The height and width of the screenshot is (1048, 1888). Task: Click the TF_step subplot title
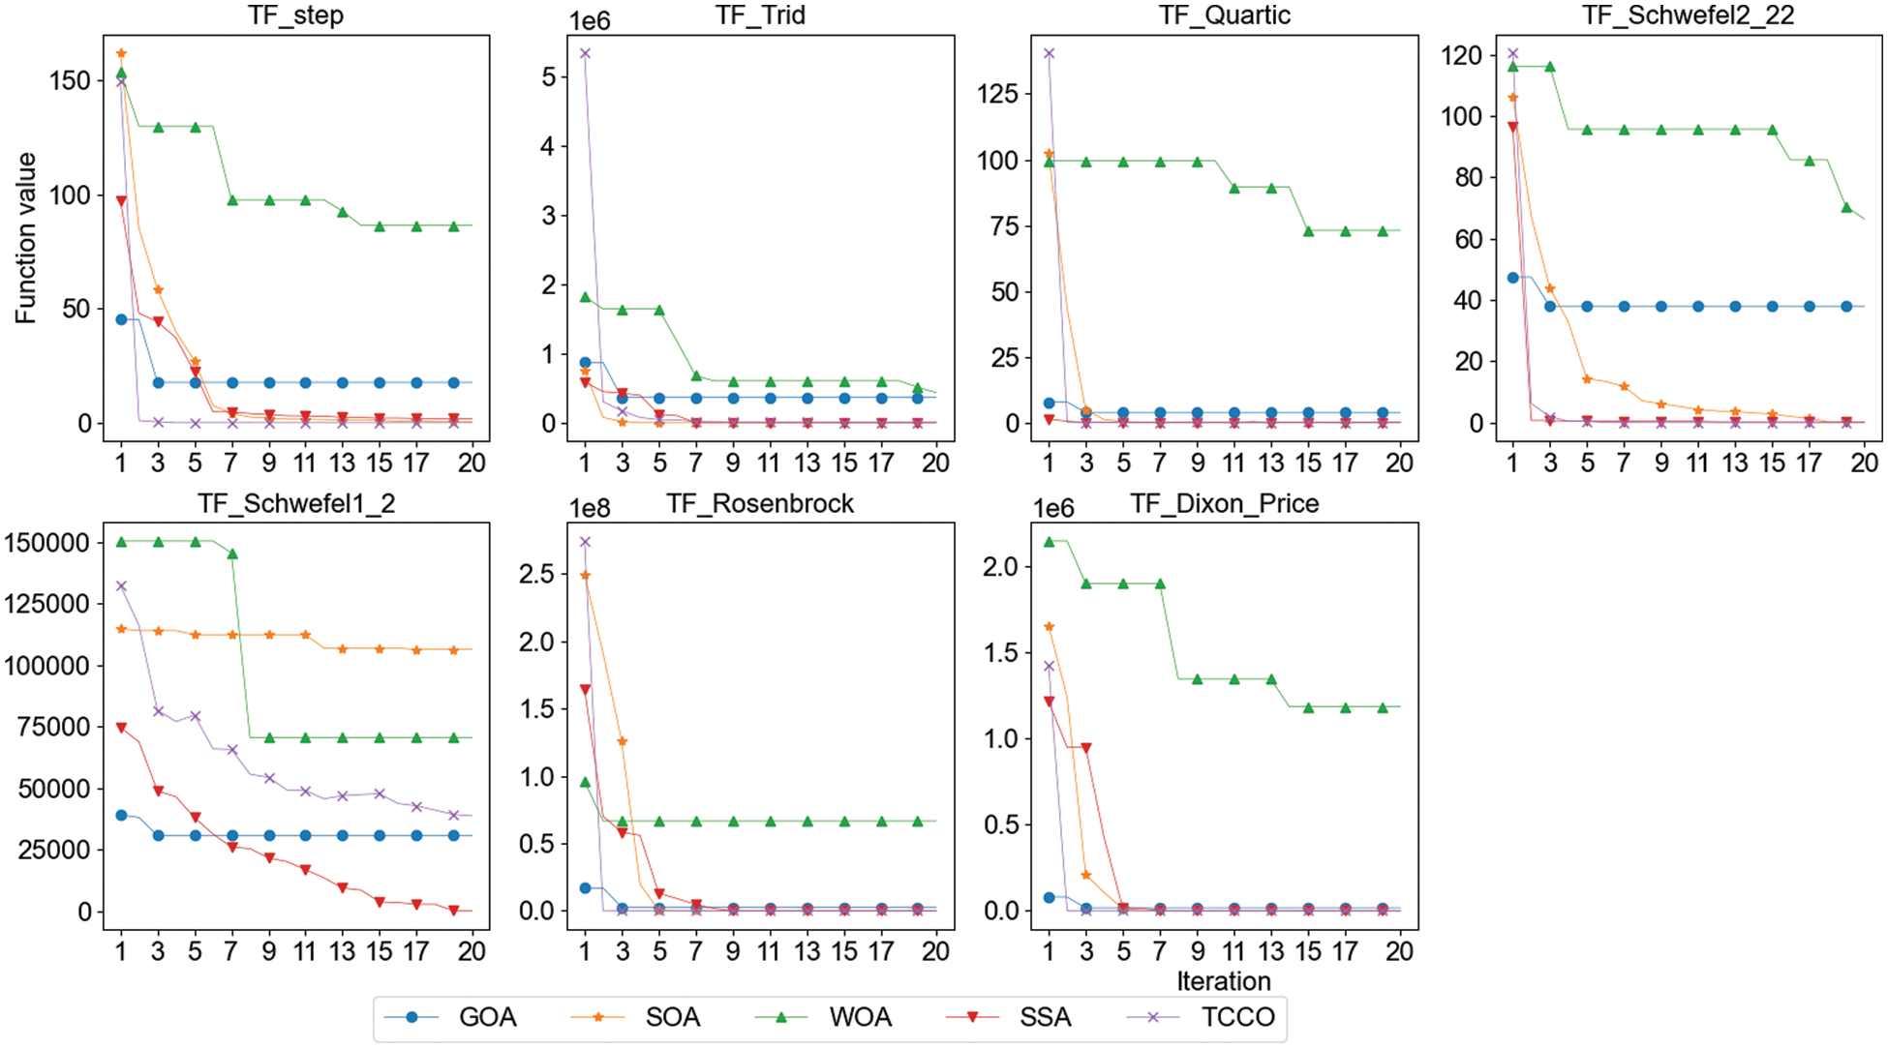click(x=295, y=15)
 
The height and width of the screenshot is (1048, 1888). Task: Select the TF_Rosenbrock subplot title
click(x=760, y=504)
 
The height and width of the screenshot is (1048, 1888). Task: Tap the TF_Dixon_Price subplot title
click(x=1224, y=504)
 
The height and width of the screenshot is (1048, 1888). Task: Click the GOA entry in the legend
click(x=487, y=1018)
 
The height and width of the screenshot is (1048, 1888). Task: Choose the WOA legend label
click(x=860, y=1018)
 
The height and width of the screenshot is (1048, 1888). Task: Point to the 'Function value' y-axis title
click(x=26, y=238)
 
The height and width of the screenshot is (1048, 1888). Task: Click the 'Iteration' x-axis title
click(x=1224, y=981)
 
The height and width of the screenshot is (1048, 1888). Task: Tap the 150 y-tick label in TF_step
click(x=70, y=80)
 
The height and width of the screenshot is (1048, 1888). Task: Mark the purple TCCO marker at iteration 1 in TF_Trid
click(x=585, y=53)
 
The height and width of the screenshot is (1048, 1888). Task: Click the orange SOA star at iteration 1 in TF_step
click(x=121, y=53)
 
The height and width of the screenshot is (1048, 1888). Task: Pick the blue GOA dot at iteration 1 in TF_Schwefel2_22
click(x=1513, y=278)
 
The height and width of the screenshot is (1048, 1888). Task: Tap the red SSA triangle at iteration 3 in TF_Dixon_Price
click(x=1086, y=748)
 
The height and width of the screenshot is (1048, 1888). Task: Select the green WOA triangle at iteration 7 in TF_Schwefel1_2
click(x=232, y=554)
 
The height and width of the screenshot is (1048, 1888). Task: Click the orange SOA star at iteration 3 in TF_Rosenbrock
click(x=623, y=742)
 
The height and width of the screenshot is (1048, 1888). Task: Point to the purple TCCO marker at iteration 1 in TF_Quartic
click(x=1049, y=53)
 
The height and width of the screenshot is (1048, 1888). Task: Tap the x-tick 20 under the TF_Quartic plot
click(x=1399, y=464)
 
